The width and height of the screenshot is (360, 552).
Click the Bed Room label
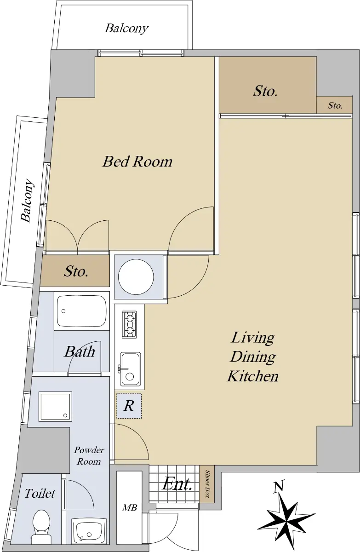(x=137, y=161)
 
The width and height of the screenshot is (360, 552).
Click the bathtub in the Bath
(x=81, y=311)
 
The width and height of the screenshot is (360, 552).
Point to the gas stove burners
(x=129, y=324)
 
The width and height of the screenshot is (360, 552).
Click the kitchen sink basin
(x=130, y=369)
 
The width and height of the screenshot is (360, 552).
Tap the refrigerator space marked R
(x=129, y=406)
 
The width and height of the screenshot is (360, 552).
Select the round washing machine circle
(x=136, y=277)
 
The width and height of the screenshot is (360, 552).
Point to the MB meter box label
(x=130, y=508)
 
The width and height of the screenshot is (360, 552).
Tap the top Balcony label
(x=126, y=29)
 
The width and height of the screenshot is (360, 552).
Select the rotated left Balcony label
(x=27, y=201)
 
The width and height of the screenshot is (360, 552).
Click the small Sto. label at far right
(x=335, y=106)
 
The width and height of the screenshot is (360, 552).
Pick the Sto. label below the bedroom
(x=76, y=271)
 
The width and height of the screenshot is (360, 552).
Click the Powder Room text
(x=89, y=456)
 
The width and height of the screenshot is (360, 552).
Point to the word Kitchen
(x=252, y=376)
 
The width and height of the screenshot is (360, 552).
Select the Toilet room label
(x=40, y=493)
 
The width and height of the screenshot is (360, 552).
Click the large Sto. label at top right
(x=265, y=91)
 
